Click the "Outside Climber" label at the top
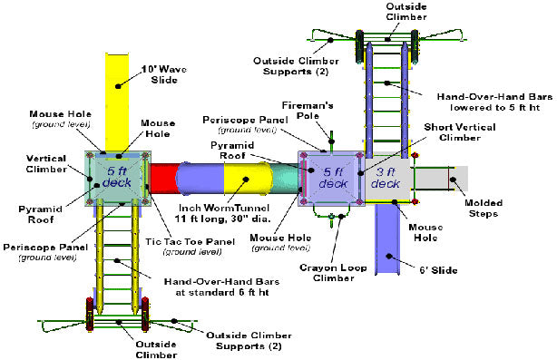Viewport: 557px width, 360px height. click(389, 11)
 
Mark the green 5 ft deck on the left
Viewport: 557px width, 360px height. click(116, 178)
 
